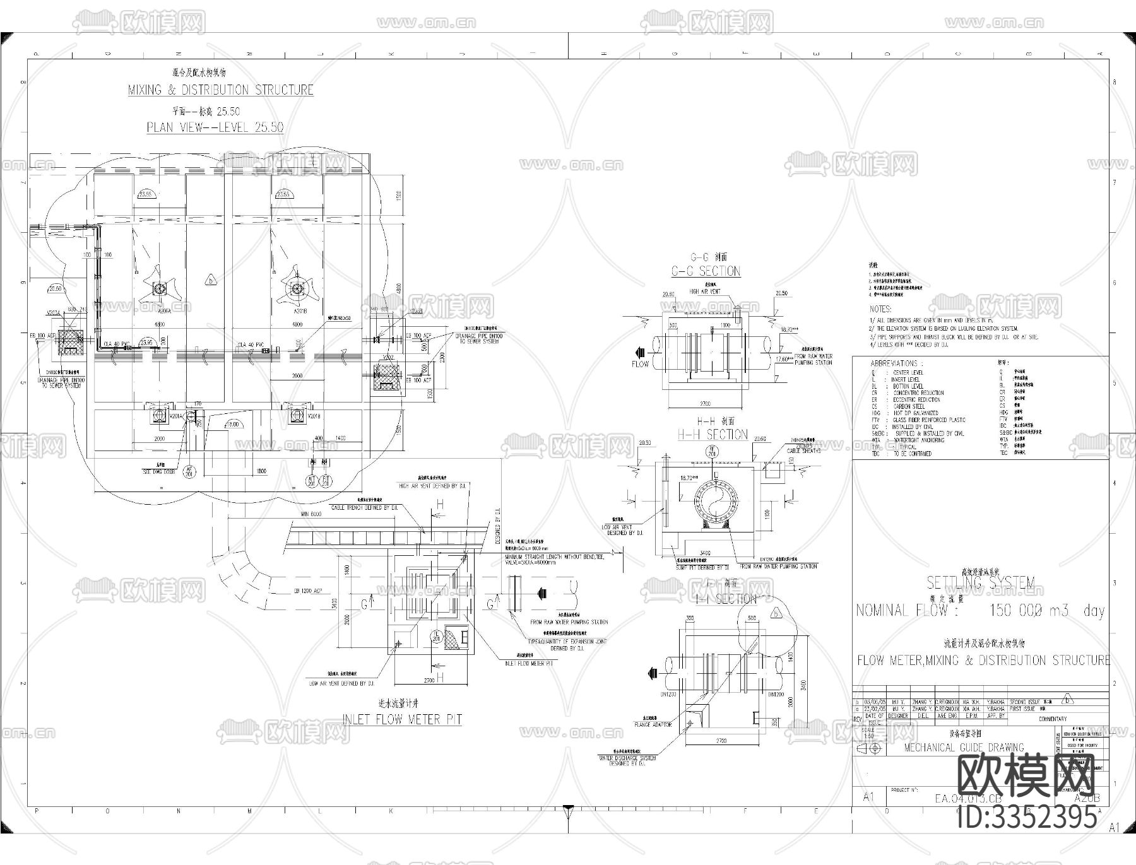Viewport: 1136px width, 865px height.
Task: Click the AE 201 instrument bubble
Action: click(188, 471)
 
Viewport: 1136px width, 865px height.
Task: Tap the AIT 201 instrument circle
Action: click(311, 481)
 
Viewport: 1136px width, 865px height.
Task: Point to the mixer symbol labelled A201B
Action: click(297, 288)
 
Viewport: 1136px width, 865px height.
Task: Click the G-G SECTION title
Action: click(706, 271)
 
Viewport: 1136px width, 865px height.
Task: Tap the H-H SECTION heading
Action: click(712, 435)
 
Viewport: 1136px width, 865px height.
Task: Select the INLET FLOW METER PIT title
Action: click(402, 719)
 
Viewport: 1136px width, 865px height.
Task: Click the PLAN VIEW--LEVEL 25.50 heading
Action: click(215, 127)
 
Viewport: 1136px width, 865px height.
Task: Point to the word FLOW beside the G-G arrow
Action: click(640, 364)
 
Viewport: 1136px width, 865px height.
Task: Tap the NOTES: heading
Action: click(880, 309)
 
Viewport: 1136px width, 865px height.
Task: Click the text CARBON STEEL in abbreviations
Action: click(909, 406)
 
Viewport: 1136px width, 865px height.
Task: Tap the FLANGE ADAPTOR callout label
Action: click(653, 725)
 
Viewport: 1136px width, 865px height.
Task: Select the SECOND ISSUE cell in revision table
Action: click(1026, 702)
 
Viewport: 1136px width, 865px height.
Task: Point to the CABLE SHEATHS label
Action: click(803, 451)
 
